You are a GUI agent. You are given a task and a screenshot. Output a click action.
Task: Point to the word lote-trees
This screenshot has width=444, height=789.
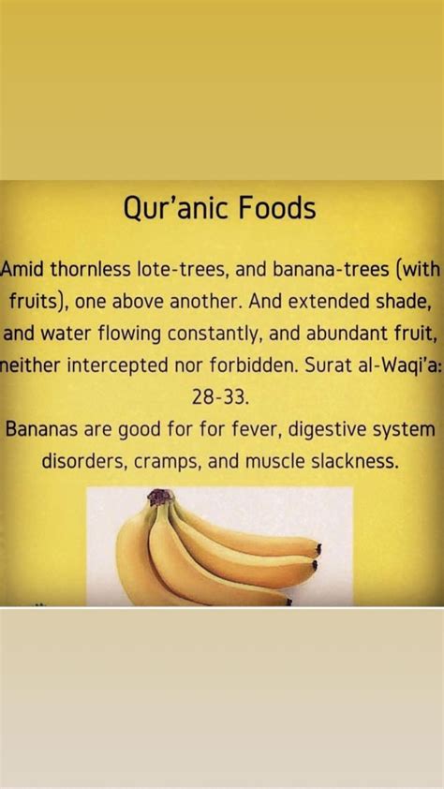[185, 271]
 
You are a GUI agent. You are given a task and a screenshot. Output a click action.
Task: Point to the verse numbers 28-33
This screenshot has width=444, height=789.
[221, 397]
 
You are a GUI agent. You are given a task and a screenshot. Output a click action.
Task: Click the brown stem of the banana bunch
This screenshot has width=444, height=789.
[160, 499]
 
